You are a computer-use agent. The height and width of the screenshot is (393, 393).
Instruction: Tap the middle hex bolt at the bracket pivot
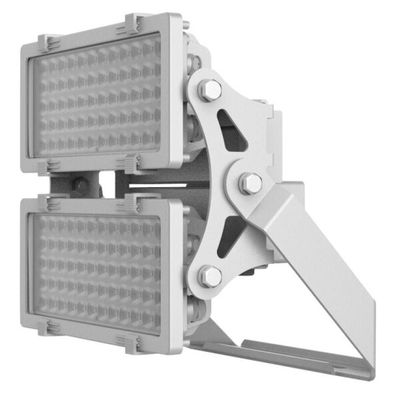click(x=250, y=183)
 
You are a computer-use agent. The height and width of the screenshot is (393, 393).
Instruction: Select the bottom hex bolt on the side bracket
click(x=210, y=275)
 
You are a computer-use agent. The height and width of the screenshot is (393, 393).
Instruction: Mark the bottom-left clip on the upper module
click(x=47, y=167)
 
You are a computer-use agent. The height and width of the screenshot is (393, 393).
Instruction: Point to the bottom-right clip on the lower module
click(x=128, y=342)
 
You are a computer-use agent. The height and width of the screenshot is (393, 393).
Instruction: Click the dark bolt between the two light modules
click(x=81, y=186)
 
